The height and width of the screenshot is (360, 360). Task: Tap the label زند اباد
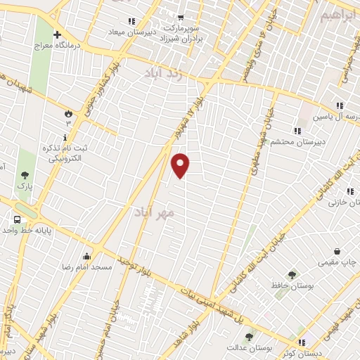pos(163,75)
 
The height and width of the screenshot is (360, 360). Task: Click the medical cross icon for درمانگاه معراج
pos(58,34)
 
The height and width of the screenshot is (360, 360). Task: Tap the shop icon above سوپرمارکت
pos(181,18)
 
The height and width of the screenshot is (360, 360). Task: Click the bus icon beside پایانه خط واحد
pos(15,219)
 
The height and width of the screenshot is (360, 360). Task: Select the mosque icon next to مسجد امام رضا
pos(86,256)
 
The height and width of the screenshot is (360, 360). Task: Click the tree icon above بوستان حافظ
pos(292,275)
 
